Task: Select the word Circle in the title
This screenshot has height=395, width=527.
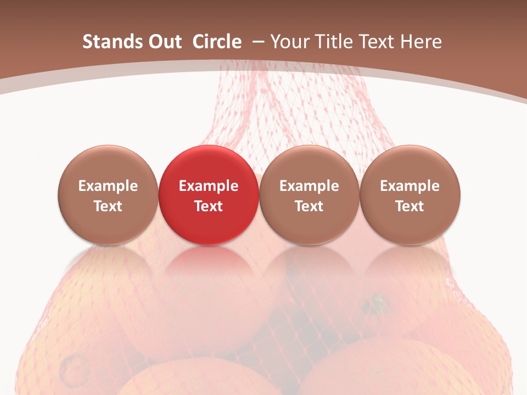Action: click(217, 42)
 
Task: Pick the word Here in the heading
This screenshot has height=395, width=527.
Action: click(421, 42)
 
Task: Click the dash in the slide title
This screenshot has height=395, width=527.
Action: click(256, 42)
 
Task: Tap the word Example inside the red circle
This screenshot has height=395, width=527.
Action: click(209, 186)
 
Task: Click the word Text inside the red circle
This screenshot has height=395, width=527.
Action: click(209, 206)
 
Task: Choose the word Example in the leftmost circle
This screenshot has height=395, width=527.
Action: click(108, 186)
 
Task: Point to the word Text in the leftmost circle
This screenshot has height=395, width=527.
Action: click(108, 206)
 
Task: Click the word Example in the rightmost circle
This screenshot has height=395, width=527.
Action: click(410, 186)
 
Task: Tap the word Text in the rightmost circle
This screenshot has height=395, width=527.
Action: click(410, 206)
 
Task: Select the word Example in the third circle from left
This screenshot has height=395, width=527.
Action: click(309, 186)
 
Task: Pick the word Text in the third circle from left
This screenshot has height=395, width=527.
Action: click(309, 206)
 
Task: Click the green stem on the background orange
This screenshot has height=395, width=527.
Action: click(377, 302)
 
